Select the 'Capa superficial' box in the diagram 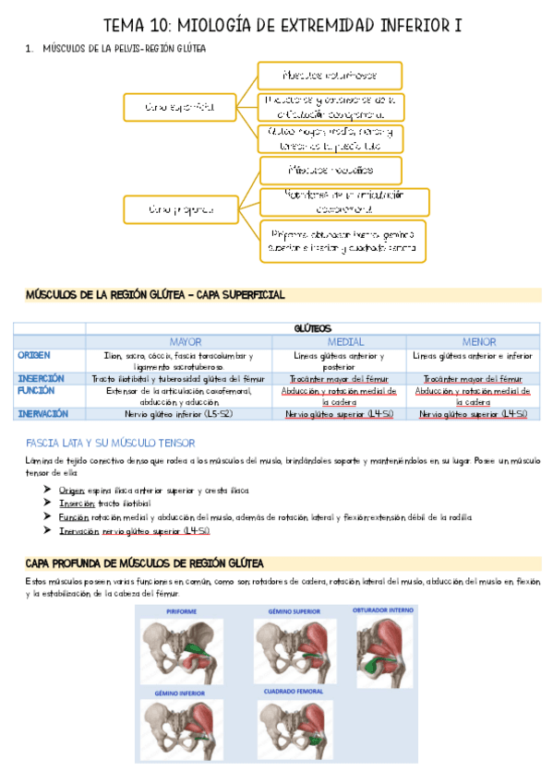coord(179,107)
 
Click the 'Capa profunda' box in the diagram coord(179,209)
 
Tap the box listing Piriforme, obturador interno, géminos coord(343,241)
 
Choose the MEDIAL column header coord(346,341)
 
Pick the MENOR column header coord(473,341)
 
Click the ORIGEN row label coord(34,355)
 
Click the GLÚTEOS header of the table coord(312,328)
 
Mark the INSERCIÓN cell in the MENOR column coord(473,379)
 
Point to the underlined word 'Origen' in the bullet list coord(71,491)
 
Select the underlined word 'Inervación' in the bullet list coord(78,530)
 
